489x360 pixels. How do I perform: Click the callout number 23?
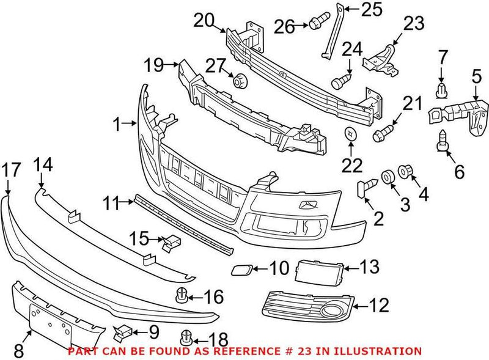click(413, 24)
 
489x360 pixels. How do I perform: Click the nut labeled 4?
click(405, 171)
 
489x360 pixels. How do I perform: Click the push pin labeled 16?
click(182, 296)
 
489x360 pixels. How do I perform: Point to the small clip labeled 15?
click(169, 243)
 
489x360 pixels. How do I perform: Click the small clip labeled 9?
click(121, 332)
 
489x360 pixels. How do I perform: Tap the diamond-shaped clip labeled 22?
click(350, 133)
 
